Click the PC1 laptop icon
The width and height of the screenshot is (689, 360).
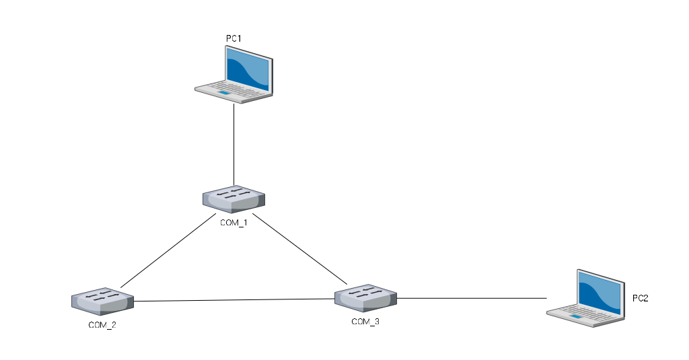tap(235, 76)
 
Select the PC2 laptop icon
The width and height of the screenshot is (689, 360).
tap(585, 297)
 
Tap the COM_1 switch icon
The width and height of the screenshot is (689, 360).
tap(233, 198)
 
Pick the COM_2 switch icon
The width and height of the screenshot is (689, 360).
tap(102, 301)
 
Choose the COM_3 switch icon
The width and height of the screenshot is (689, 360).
tap(365, 297)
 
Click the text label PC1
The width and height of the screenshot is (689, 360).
tap(233, 39)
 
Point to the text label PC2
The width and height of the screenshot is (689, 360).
tap(640, 298)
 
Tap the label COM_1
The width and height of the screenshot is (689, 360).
tap(233, 223)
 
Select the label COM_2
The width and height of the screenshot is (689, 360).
tap(102, 325)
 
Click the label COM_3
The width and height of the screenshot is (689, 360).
tap(365, 322)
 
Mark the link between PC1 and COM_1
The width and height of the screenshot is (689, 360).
tap(233, 145)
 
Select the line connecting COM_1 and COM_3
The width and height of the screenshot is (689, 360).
tap(299, 248)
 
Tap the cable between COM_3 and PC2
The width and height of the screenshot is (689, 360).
tap(471, 297)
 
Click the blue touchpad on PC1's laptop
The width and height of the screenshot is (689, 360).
tap(223, 92)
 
